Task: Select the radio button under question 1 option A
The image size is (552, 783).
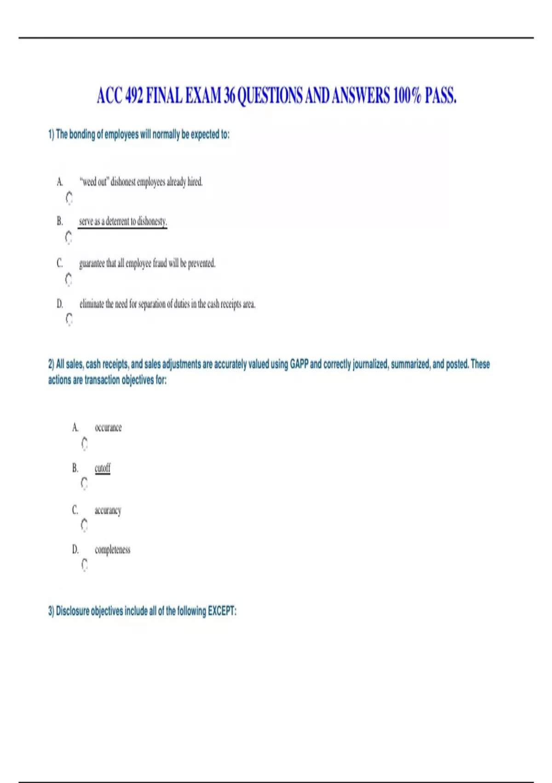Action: point(69,198)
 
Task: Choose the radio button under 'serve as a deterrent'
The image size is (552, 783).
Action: point(69,238)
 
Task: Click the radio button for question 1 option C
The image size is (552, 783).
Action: point(69,279)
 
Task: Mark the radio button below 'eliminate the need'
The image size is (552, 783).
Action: point(69,319)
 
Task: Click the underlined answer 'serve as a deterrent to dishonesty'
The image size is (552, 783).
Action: point(123,222)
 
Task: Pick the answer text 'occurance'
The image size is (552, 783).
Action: point(108,428)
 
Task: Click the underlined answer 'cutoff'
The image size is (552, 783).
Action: point(102,468)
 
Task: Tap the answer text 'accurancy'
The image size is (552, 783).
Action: point(108,510)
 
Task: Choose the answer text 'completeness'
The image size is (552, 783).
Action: point(112,550)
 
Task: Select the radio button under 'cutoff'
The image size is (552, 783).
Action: point(84,483)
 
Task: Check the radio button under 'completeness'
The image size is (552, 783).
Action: point(84,565)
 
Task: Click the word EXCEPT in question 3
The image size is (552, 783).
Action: point(222,611)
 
